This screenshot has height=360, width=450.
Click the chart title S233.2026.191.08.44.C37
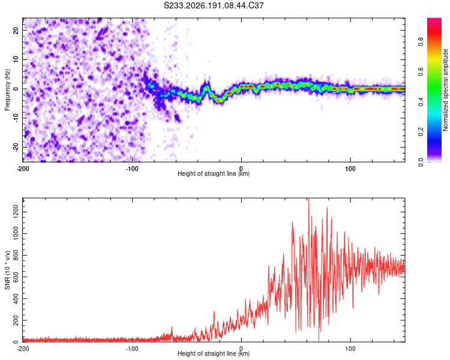214,5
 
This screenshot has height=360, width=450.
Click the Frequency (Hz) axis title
7,90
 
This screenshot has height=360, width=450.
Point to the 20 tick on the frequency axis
16,31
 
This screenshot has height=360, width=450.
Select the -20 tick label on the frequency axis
16,147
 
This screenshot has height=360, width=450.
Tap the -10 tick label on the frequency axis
16,118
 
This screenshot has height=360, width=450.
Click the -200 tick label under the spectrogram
23,169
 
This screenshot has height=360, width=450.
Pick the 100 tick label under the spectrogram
350,169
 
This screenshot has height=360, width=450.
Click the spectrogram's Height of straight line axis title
214,173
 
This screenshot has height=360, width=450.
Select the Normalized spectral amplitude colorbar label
445,90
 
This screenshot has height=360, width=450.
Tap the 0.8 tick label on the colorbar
421,42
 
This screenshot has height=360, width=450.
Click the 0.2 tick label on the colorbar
421,132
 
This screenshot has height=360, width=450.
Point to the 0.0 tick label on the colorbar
421,162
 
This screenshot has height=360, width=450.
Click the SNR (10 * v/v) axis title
7,270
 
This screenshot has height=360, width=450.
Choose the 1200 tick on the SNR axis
16,212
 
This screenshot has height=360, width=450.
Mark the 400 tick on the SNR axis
16,299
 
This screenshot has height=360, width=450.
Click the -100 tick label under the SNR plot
132,349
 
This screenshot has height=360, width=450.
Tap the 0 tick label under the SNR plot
241,349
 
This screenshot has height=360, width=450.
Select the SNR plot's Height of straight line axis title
214,353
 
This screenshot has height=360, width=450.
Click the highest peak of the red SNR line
309,199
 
